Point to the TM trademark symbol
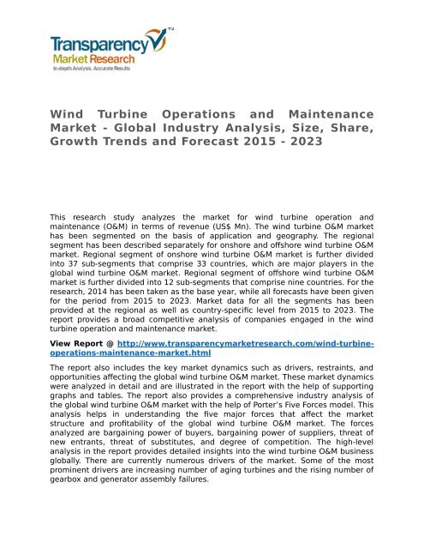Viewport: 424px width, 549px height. pos(170,29)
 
